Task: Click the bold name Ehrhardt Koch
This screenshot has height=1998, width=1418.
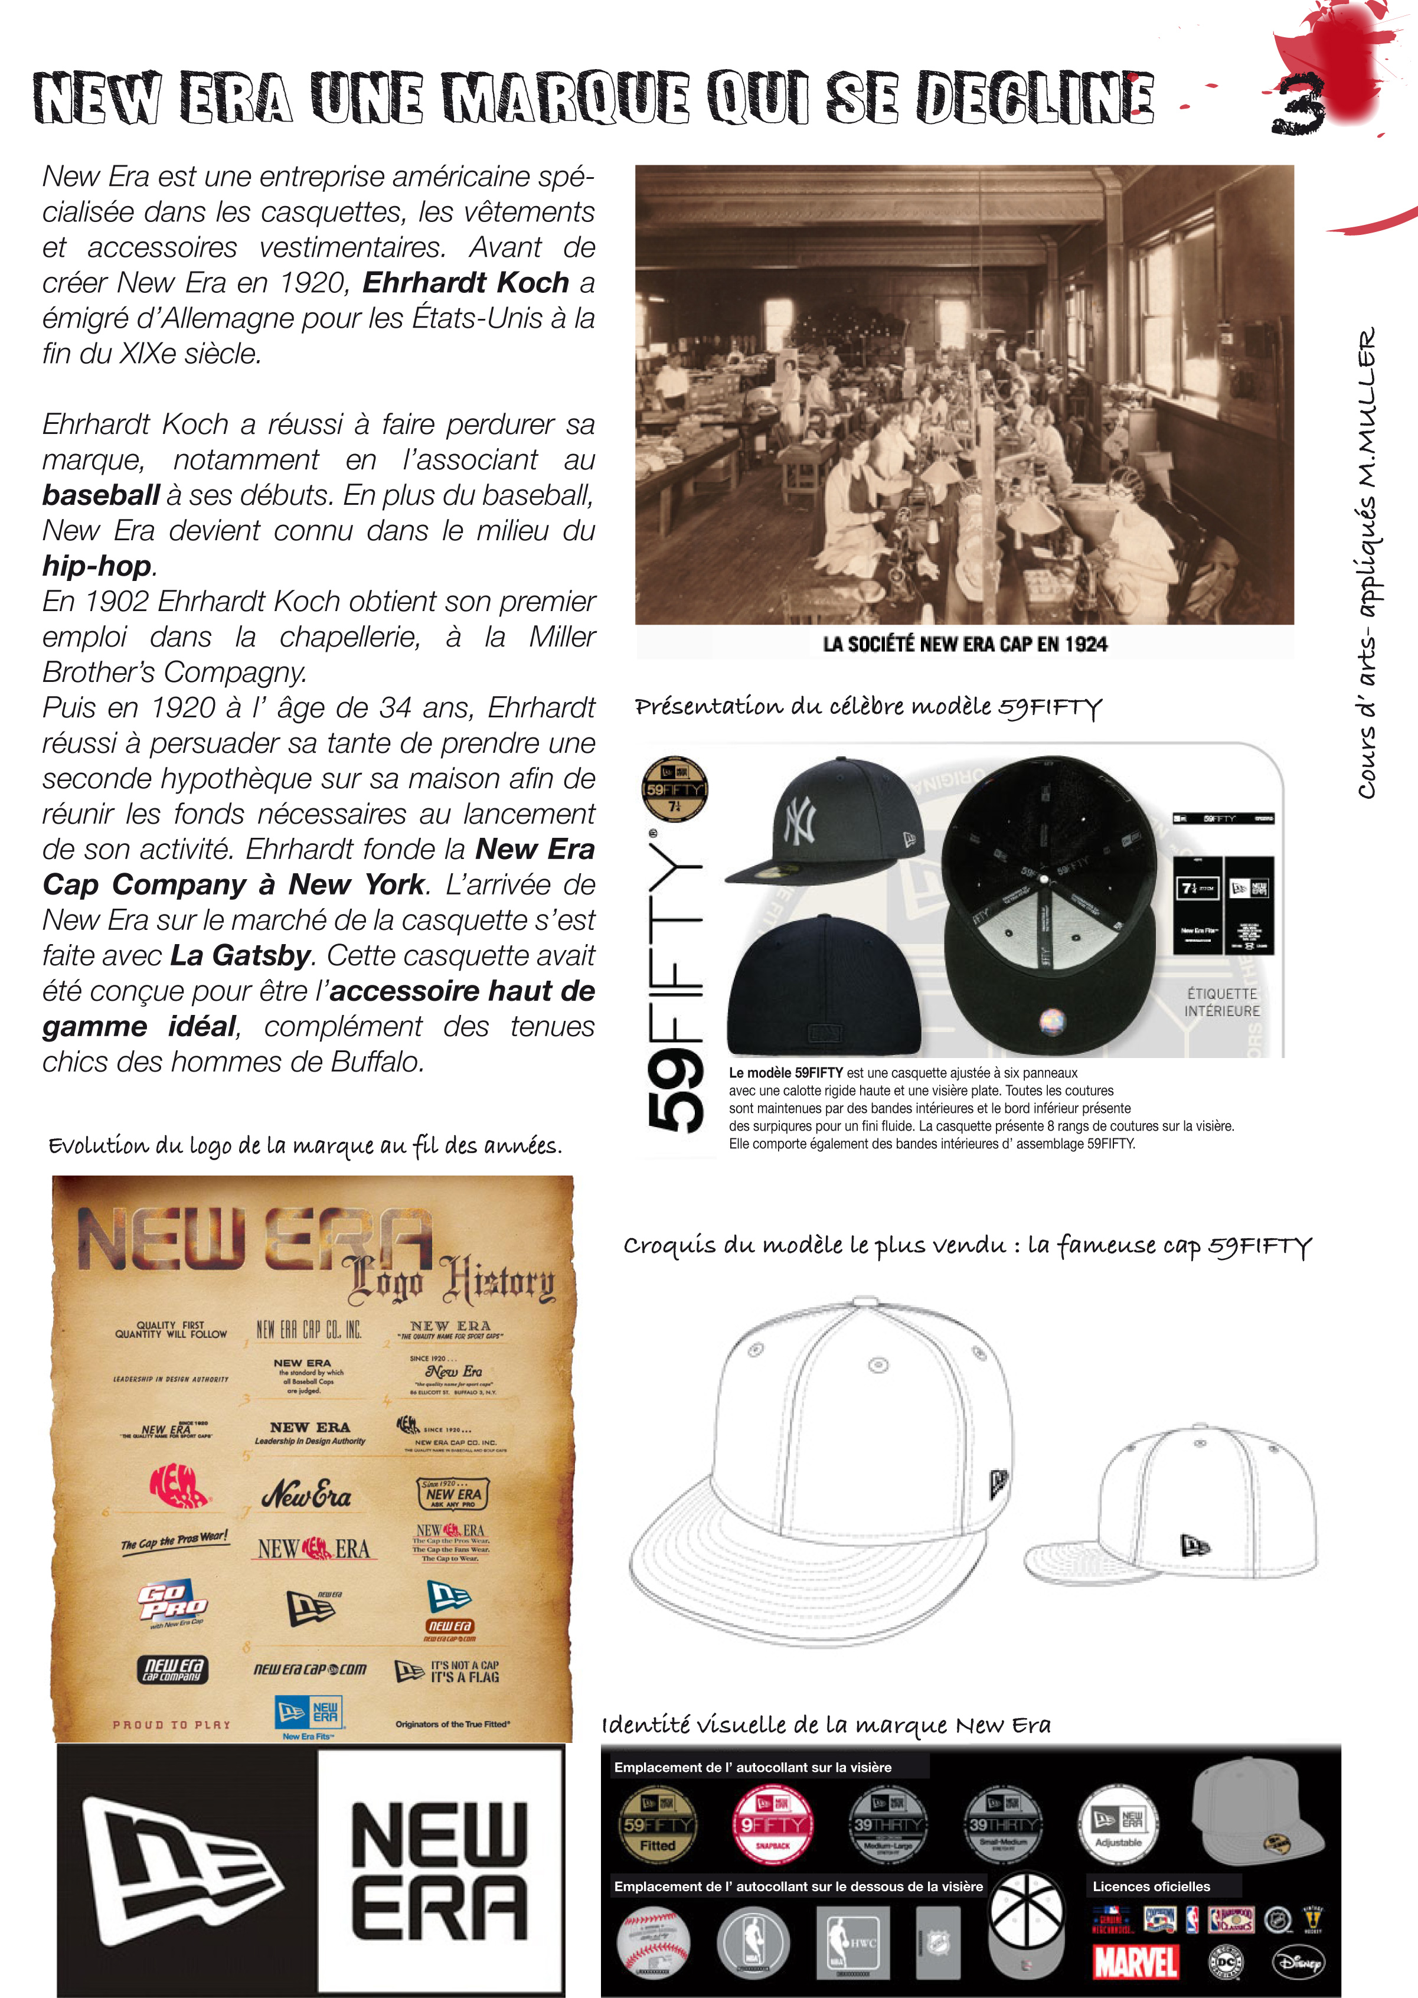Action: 465,283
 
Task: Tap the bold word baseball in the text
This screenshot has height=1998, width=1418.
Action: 100,496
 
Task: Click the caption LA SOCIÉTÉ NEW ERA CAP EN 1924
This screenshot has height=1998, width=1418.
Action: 964,645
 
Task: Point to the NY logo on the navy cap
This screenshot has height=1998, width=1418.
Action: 801,819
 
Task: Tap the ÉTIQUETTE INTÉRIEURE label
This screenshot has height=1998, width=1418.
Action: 1221,1003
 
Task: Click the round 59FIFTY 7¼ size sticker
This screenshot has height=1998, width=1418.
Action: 674,789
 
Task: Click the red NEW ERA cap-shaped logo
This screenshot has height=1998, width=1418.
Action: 179,1486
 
